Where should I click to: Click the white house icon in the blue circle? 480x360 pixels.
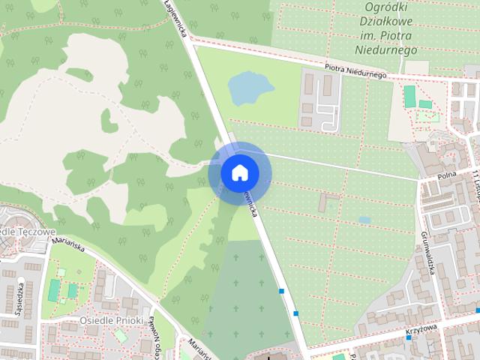(x=239, y=172)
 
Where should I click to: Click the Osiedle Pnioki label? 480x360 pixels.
(x=111, y=320)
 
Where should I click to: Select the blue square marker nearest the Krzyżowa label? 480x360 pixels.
(x=408, y=337)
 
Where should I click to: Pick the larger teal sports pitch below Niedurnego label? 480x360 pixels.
(x=409, y=97)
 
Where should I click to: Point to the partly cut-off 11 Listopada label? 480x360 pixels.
(x=475, y=184)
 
